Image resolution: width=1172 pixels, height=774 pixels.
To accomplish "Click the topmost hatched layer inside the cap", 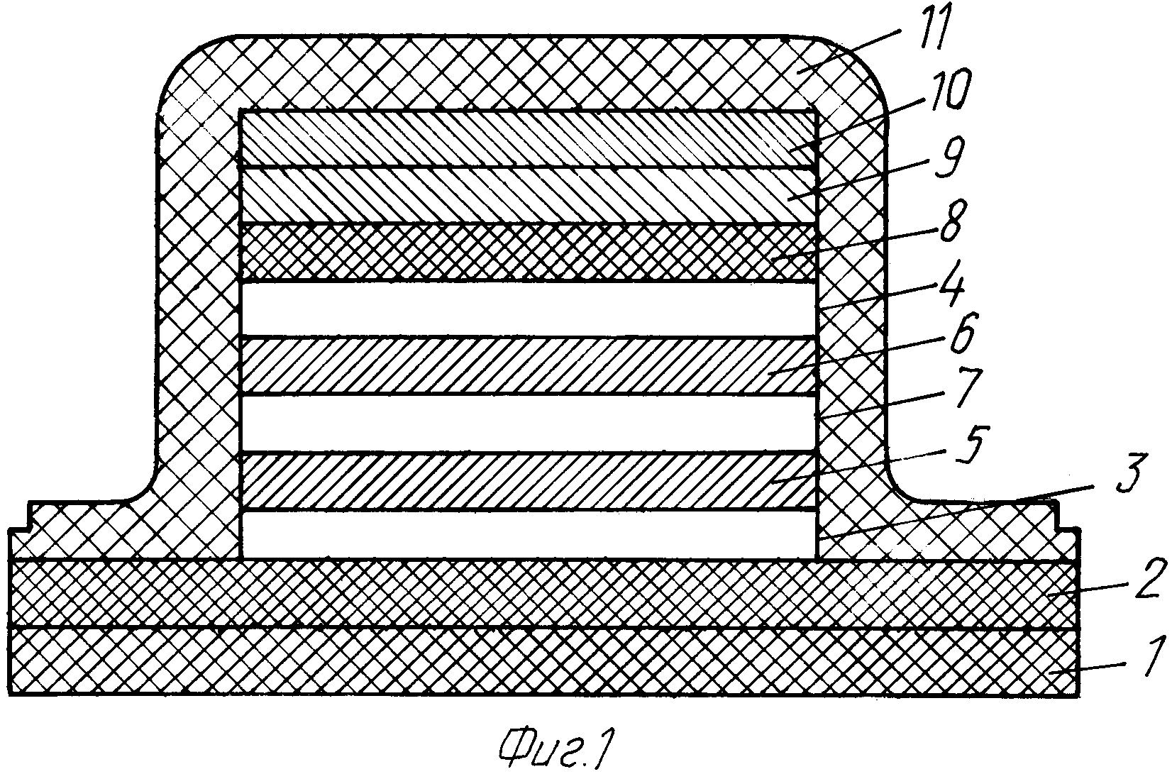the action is (527, 138).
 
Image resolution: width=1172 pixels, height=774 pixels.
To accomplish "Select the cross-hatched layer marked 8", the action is (527, 253).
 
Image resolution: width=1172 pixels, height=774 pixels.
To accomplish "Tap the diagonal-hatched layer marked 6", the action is (527, 366).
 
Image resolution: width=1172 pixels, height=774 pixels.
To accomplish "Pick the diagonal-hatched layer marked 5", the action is (527, 481).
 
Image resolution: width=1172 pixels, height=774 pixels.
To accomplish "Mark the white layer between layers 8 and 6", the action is (527, 310).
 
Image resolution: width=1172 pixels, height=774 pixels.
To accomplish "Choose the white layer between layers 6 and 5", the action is (527, 424).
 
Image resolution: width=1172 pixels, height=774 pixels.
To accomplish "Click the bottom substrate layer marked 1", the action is (544, 662).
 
